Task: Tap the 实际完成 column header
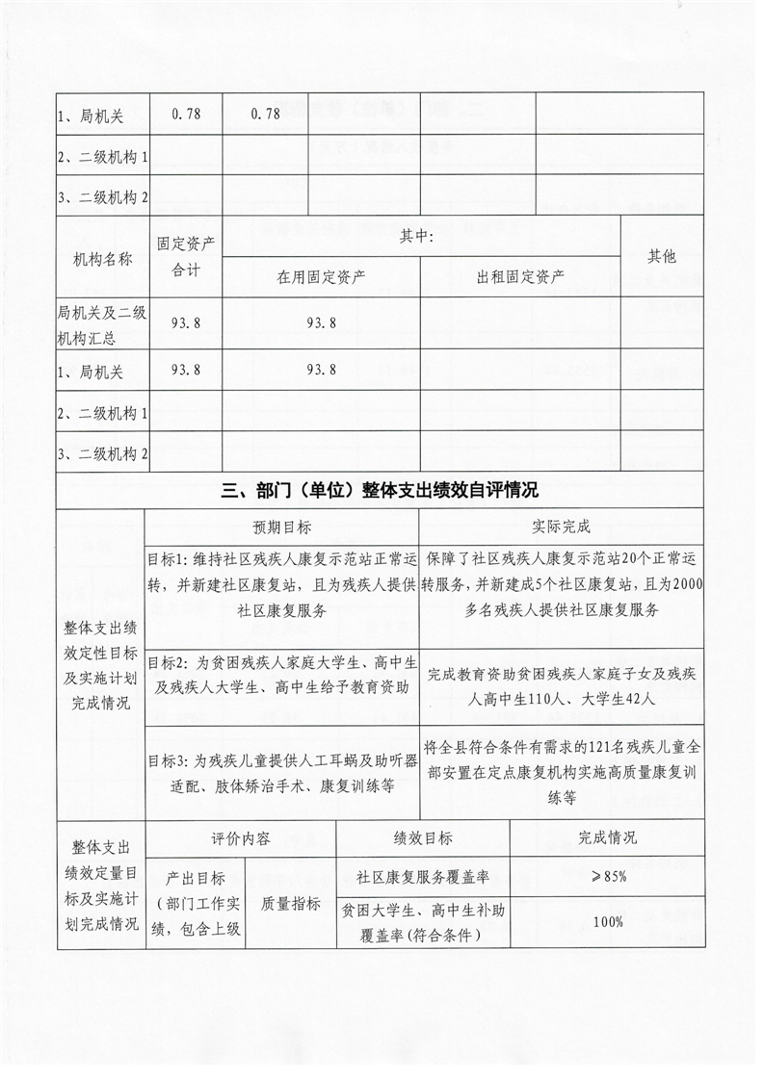[560, 527]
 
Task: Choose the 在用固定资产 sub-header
[321, 277]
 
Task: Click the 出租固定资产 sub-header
[520, 277]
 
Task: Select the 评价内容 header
[240, 837]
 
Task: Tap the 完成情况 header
[607, 837]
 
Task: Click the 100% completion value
[607, 921]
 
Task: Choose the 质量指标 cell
[291, 903]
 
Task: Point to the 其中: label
[419, 236]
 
